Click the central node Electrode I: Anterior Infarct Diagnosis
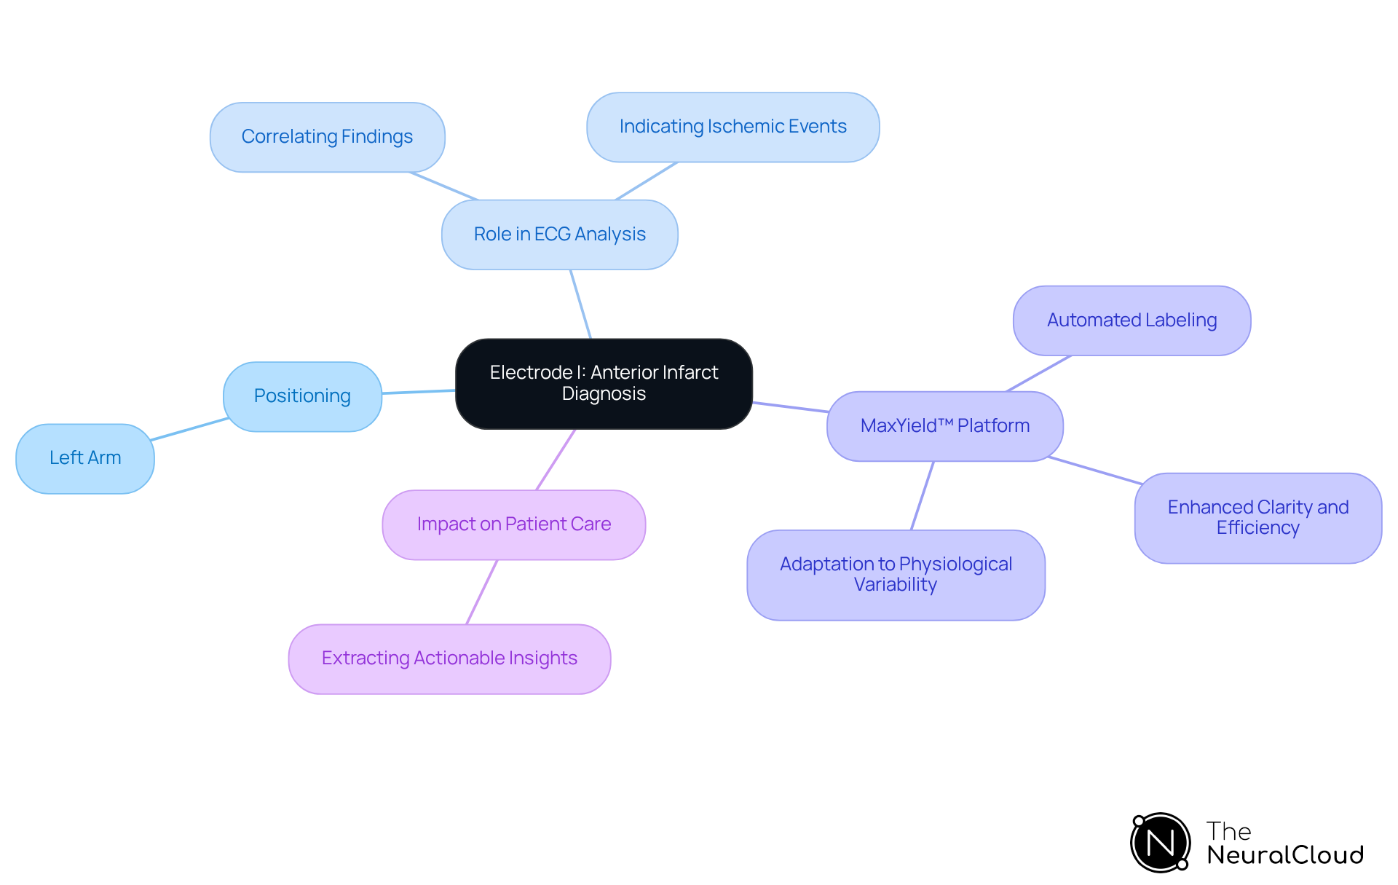(x=604, y=383)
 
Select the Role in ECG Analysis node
(x=559, y=235)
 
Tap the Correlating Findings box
(x=327, y=137)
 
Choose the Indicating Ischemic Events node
(x=732, y=127)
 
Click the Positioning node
(x=302, y=396)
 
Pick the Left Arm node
(x=85, y=458)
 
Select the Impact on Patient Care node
(x=513, y=524)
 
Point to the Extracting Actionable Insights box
(x=449, y=658)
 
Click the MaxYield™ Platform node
(x=944, y=426)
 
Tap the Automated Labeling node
(x=1132, y=320)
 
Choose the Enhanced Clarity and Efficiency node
(x=1257, y=518)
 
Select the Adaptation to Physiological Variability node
(x=896, y=575)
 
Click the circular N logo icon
(x=1160, y=843)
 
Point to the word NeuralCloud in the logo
(x=1285, y=855)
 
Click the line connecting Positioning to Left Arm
(x=189, y=429)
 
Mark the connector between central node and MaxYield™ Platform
(x=790, y=406)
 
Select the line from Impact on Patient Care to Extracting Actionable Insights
(x=481, y=592)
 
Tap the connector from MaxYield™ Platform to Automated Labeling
(x=1038, y=374)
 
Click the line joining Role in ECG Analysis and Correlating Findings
(x=443, y=186)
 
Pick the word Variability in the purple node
(x=896, y=585)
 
